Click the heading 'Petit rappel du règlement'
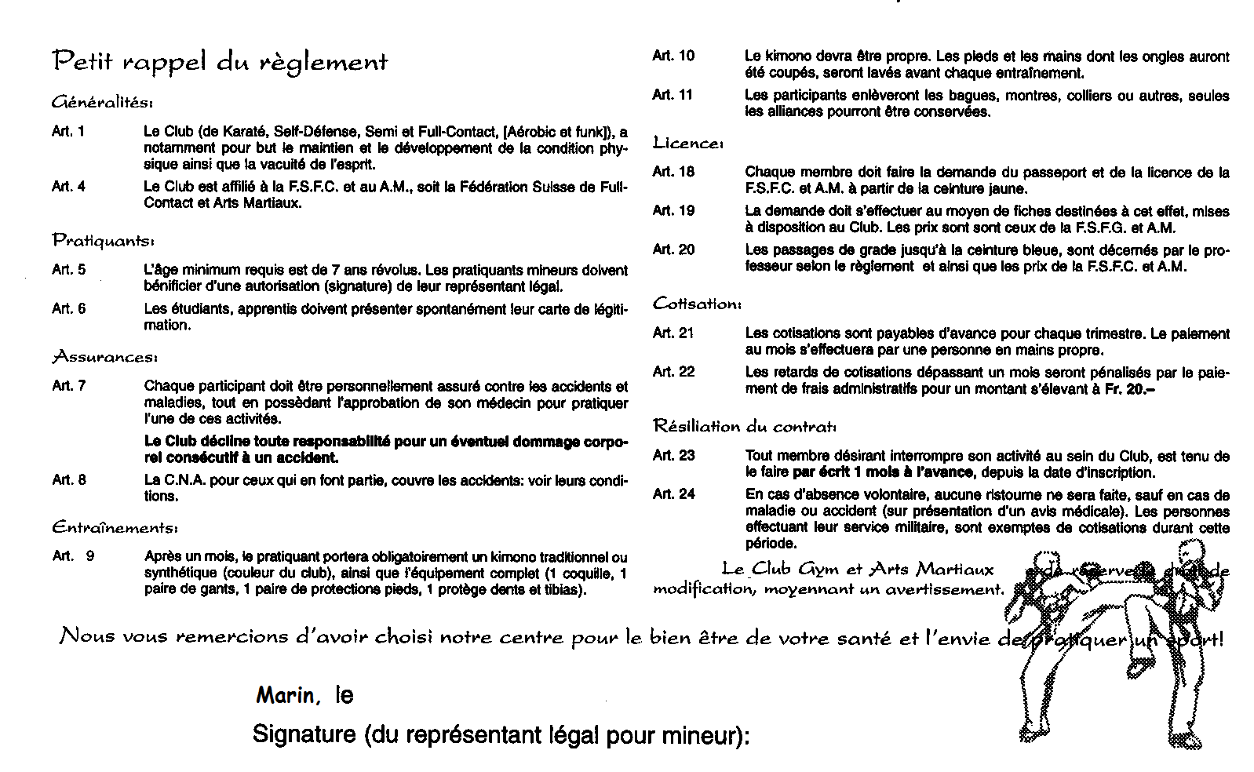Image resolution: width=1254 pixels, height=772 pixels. pos(220,62)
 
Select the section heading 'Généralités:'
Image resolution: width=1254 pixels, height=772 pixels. pos(102,103)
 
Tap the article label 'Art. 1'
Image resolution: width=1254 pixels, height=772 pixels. pos(68,132)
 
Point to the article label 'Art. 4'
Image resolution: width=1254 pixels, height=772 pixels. pos(68,187)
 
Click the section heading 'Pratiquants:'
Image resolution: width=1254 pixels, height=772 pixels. pos(103,241)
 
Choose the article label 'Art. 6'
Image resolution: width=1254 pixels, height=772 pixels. pos(68,309)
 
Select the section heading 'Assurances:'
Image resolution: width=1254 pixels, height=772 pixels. pos(104,358)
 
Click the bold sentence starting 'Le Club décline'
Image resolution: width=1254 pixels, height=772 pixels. pos(386,450)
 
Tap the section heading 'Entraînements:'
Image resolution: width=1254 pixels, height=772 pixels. pos(115,526)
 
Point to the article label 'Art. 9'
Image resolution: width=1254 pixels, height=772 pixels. pos(73,556)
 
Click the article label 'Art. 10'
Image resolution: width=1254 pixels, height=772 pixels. pos(673,56)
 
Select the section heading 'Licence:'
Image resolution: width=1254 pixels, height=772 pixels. pos(687,144)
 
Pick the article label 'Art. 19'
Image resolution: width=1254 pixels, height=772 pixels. pos(673,211)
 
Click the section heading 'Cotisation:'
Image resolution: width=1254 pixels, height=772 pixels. pos(696,304)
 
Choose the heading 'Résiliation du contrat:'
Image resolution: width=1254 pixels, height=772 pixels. pos(745,427)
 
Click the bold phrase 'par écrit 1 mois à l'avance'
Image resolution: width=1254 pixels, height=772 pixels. pos(883,473)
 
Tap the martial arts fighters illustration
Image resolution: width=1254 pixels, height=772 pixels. pos(1114,635)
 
